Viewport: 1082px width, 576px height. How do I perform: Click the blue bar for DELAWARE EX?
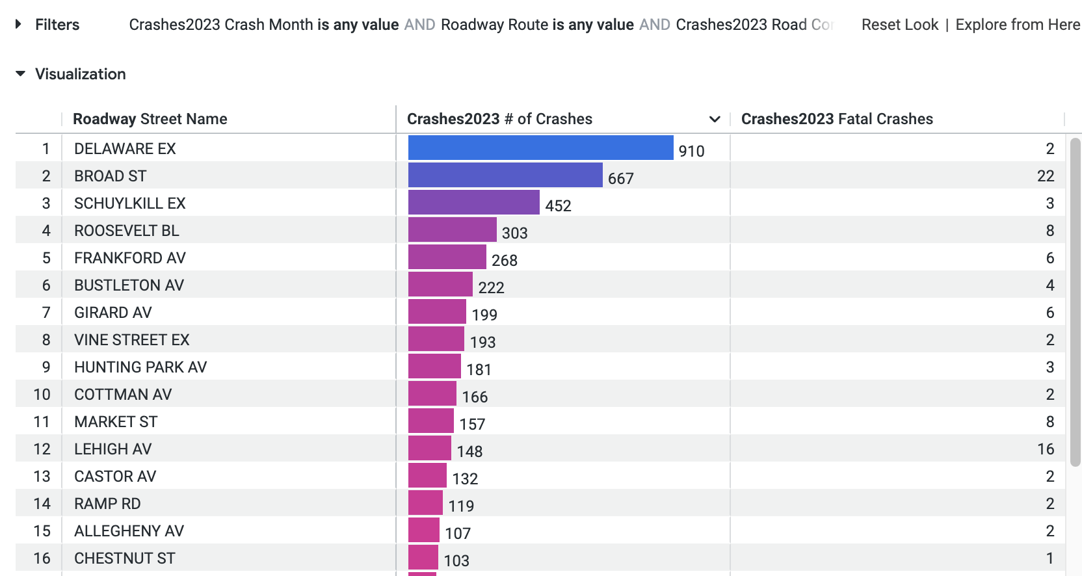pos(540,148)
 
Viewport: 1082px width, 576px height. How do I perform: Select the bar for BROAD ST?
pos(505,175)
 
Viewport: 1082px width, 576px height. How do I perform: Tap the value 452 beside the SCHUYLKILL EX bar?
pos(558,205)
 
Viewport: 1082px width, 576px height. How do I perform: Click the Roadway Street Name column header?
pos(150,119)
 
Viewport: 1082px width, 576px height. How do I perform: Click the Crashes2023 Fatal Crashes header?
pos(837,119)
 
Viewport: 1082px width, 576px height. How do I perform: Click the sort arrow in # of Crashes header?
pos(715,119)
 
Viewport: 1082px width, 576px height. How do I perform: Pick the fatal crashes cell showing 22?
pos(1045,176)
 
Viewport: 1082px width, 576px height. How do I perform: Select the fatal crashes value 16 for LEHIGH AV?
pos(1045,449)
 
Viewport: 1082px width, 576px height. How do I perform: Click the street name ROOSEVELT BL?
pos(127,231)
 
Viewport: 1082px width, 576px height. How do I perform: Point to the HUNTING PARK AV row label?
pos(140,367)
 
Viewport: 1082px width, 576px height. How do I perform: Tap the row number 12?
pos(42,449)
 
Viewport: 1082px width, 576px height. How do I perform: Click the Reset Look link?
pos(899,25)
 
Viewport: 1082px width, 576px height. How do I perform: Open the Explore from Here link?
pos(1018,25)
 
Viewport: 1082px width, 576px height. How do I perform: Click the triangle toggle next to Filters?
pos(18,24)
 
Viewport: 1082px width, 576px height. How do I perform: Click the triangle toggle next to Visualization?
pos(20,73)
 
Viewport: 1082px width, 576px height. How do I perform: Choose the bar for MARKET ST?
pos(430,421)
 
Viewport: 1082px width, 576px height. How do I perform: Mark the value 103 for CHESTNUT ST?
pos(456,560)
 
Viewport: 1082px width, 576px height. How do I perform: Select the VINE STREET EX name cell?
pos(132,340)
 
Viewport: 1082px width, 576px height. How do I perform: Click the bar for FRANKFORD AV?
pos(447,257)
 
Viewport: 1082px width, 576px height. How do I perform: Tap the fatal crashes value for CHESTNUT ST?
pos(1049,558)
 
